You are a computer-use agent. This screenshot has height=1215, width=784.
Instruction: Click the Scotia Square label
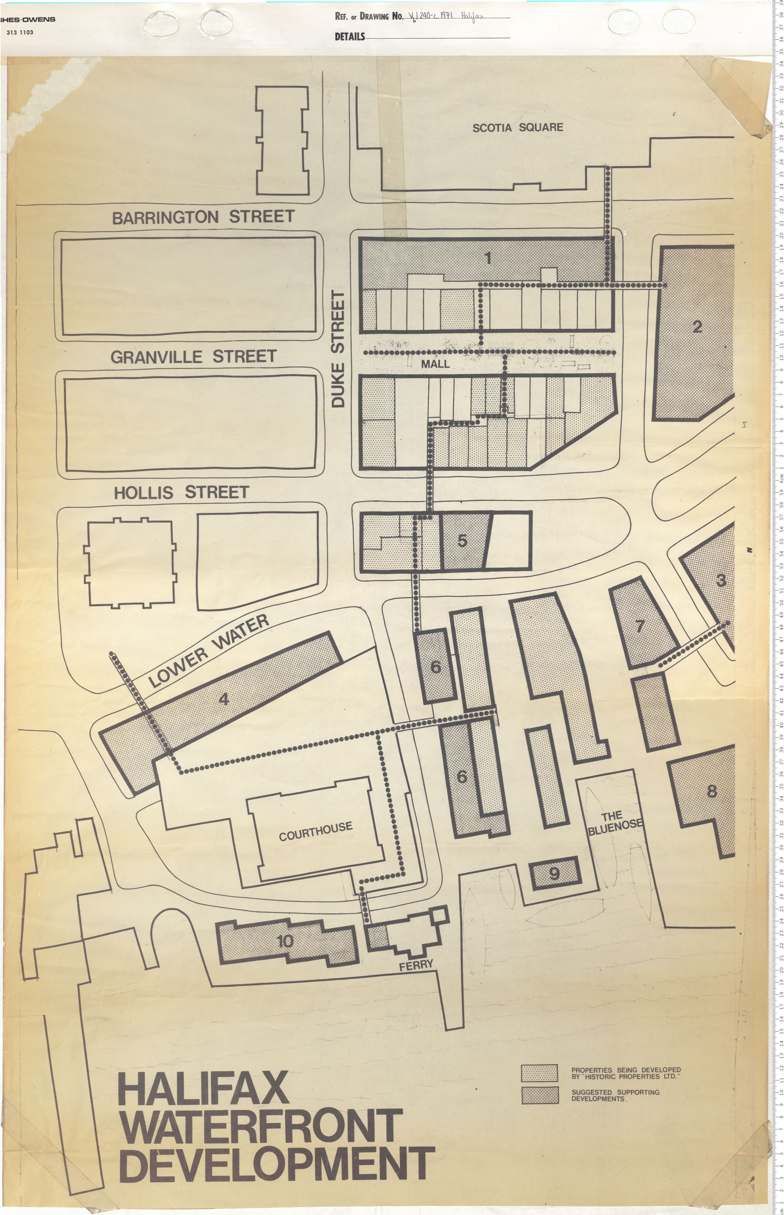[518, 127]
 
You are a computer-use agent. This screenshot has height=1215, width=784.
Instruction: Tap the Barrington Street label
[203, 217]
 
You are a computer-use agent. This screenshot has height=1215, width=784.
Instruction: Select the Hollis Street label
[181, 493]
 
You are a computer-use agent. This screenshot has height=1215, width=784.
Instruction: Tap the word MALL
[435, 364]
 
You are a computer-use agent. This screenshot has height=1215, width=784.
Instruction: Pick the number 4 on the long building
[224, 700]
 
